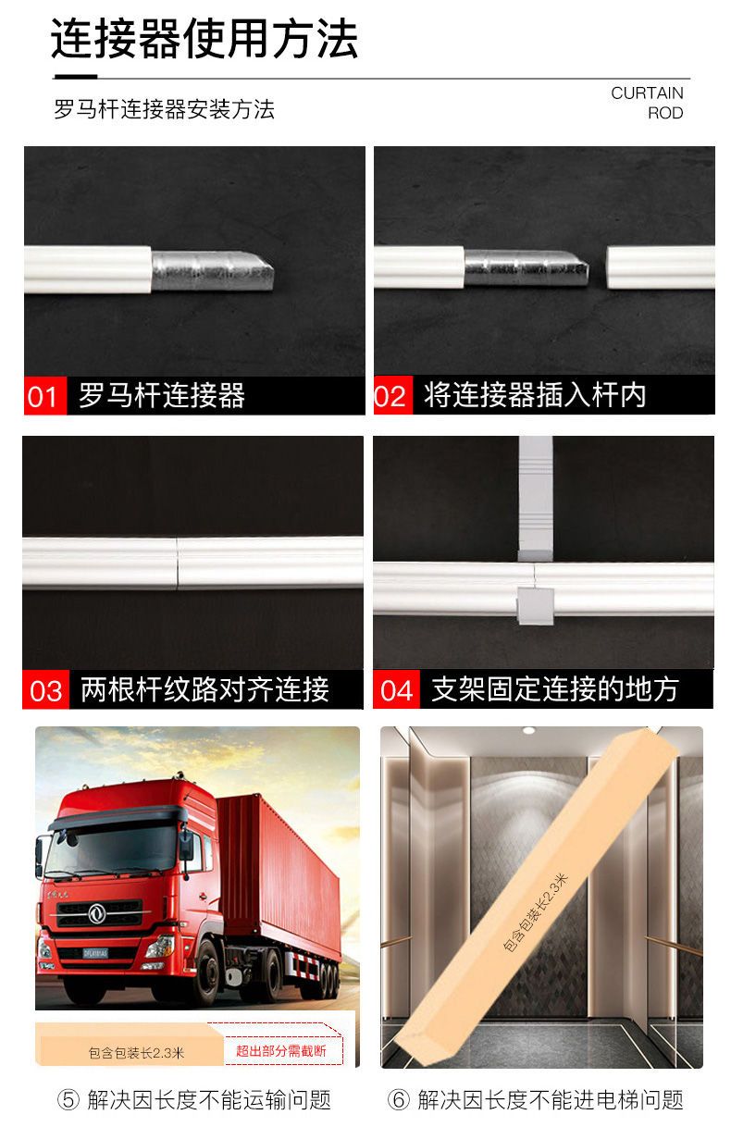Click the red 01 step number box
45,395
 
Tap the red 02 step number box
393,395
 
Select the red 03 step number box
45,689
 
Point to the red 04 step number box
396,689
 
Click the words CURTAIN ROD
648,103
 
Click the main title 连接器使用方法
204,39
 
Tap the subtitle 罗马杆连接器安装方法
165,109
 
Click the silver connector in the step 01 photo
212,271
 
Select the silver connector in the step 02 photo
526,268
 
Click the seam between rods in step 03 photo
177,563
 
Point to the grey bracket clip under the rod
536,606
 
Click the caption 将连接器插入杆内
535,395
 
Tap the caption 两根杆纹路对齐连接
204,689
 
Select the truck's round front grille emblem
97,913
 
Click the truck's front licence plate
95,953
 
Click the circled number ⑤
68,1099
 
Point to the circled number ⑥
399,1099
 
